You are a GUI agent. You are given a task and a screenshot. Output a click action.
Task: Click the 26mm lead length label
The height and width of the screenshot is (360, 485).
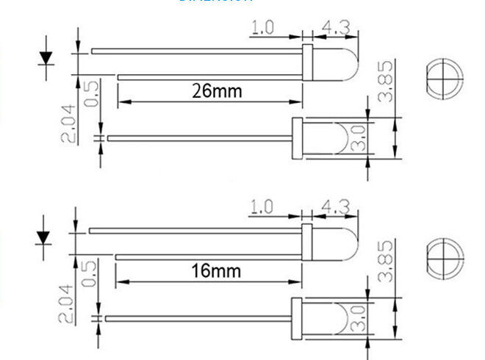pyautogui.click(x=216, y=92)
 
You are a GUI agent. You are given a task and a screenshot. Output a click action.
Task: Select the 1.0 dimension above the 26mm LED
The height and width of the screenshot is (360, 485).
pyautogui.click(x=263, y=28)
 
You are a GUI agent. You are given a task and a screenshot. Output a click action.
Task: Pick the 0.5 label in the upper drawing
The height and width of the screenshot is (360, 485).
pyautogui.click(x=91, y=93)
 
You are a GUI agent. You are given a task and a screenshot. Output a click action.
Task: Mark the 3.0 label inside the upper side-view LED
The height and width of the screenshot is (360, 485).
pyautogui.click(x=358, y=138)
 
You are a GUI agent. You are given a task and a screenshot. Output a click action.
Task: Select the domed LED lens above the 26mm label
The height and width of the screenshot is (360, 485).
pyautogui.click(x=337, y=64)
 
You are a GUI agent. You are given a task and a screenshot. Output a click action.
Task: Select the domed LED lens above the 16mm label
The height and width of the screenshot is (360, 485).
pyautogui.click(x=337, y=244)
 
